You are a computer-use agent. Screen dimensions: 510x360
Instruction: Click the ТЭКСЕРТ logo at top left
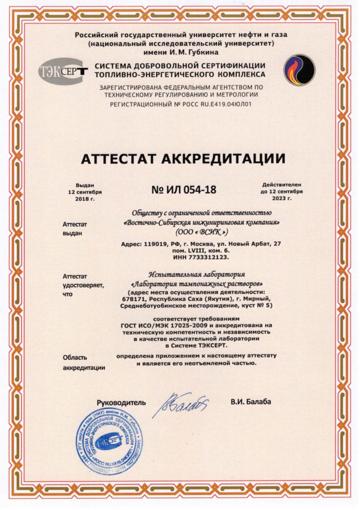[63, 72]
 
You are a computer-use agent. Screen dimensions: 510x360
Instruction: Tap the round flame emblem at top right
[299, 70]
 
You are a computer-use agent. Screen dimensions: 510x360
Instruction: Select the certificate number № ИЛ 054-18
[183, 190]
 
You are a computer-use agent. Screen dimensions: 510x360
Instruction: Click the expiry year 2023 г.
[282, 198]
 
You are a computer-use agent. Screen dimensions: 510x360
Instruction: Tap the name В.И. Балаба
[251, 401]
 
